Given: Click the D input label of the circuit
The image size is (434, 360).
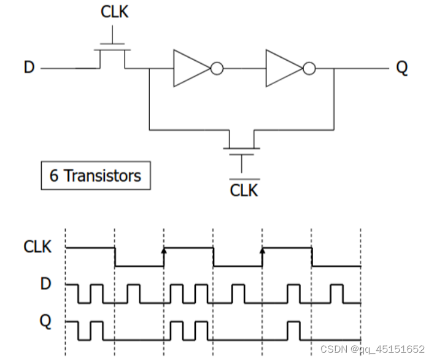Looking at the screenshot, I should point(29,67).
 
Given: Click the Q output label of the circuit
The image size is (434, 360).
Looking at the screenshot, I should point(401,67).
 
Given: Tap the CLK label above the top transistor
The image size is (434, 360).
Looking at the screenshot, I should point(114,12).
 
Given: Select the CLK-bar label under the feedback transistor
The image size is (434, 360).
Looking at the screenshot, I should point(244,189).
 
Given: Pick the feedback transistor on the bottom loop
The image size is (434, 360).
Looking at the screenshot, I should point(242,143).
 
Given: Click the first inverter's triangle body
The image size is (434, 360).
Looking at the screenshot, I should point(189,68).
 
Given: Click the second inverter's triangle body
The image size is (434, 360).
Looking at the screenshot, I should point(282,68).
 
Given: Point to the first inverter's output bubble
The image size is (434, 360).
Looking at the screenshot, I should point(217,68).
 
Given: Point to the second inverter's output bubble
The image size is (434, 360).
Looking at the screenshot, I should point(309,68).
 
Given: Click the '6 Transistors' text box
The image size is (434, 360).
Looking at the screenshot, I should point(95,176).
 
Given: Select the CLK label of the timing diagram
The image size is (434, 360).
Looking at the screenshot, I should point(38,248).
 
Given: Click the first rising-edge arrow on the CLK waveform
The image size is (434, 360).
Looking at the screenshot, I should point(164,250).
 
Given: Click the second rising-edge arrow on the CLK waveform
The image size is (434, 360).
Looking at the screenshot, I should point(263,250).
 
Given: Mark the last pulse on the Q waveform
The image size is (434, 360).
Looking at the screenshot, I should point(293,331).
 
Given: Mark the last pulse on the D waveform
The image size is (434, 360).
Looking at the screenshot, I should point(337,294).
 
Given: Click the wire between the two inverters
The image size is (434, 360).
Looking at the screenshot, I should point(244,68).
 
